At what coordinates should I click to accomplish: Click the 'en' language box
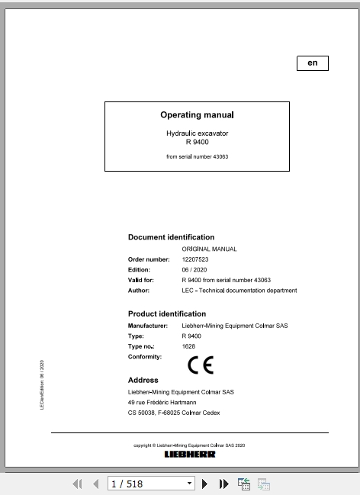[312, 63]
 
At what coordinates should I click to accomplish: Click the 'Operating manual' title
[197, 115]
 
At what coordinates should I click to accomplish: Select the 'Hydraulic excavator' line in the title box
[197, 133]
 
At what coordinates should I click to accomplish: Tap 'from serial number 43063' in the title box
[197, 156]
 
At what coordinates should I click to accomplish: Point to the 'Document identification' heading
[171, 237]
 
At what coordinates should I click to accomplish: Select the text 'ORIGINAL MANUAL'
[209, 249]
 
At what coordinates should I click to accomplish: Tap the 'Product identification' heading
[167, 313]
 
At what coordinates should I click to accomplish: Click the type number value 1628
[188, 347]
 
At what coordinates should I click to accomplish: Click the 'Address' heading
[143, 380]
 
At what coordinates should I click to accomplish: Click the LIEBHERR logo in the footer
[190, 455]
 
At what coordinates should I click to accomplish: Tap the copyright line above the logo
[190, 445]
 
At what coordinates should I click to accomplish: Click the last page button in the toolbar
[224, 484]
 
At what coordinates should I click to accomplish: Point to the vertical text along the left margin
[42, 385]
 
